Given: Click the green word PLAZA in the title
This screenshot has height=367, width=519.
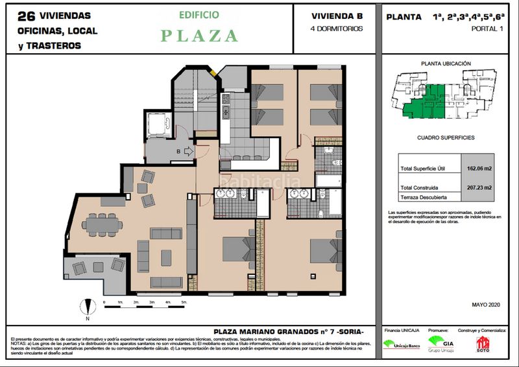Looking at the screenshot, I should point(199,36).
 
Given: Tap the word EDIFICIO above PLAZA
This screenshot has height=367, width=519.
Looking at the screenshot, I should point(199,14).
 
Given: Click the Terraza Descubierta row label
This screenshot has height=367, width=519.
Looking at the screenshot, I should point(424,196).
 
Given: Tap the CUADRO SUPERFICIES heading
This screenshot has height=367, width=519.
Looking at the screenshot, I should point(446,138).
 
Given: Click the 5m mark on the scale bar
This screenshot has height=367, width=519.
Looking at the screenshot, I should point(184,303).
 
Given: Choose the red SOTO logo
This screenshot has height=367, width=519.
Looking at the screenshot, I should point(482,343).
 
